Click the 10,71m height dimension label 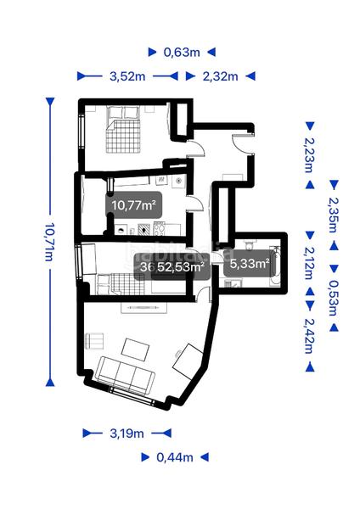[x=48, y=239]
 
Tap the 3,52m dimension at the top [x=127, y=76]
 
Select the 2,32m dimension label [x=219, y=76]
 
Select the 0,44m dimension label [x=175, y=457]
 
